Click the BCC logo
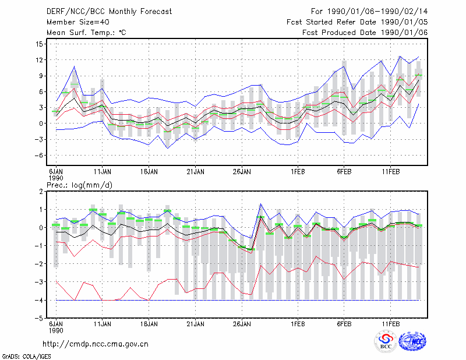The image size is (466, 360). point(386,341)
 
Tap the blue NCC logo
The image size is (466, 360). point(412,341)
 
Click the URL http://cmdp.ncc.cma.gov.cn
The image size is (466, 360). point(96,344)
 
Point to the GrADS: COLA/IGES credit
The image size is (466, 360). point(26,357)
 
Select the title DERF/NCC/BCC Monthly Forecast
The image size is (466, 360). point(109,12)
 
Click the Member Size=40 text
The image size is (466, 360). point(78,22)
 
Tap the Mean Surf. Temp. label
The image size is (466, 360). point(86,33)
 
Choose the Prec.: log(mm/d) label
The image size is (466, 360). point(79,185)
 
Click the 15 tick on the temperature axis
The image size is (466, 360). point(39,44)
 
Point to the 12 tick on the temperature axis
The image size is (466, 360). point(39,60)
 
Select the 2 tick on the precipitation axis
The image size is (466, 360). point(41,192)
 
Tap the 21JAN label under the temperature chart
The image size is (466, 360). point(195,172)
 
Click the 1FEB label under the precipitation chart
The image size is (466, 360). point(298,324)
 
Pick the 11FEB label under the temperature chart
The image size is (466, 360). point(390,172)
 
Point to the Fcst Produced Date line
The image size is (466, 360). point(365,33)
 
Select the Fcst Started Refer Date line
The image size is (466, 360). point(357,22)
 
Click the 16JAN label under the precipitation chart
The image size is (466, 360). point(149,324)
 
